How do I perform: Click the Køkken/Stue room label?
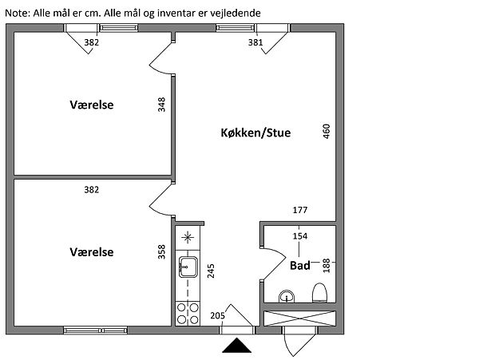(255, 133)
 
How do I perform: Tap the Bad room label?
(300, 264)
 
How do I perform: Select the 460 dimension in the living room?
(326, 132)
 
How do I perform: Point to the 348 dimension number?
(161, 105)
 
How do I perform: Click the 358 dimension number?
(161, 252)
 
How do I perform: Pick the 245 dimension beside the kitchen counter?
(211, 271)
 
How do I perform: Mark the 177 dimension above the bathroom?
(300, 211)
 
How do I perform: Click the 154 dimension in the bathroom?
(300, 236)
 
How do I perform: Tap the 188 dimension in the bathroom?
(326, 266)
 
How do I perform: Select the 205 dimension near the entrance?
(216, 316)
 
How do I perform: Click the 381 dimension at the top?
(255, 43)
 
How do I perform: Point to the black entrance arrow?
(237, 346)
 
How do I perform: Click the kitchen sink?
(188, 267)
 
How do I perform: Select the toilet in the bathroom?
(319, 292)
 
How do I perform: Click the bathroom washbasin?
(287, 297)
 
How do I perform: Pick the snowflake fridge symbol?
(188, 237)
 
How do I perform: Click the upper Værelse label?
(91, 105)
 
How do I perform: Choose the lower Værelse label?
(91, 251)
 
